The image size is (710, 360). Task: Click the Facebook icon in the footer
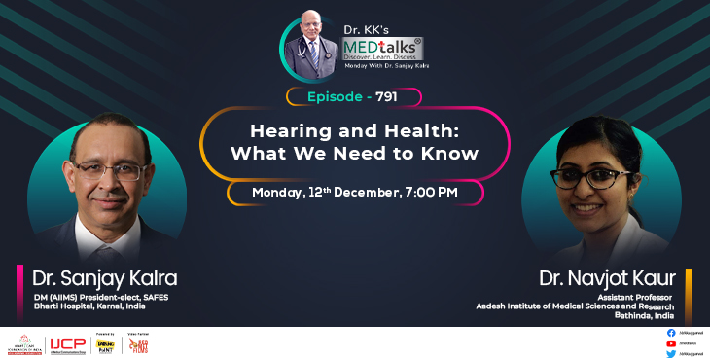pos(671,334)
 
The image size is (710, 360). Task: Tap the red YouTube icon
pos(671,343)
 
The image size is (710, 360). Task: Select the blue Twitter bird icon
pos(671,354)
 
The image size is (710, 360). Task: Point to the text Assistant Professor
pos(632,297)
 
